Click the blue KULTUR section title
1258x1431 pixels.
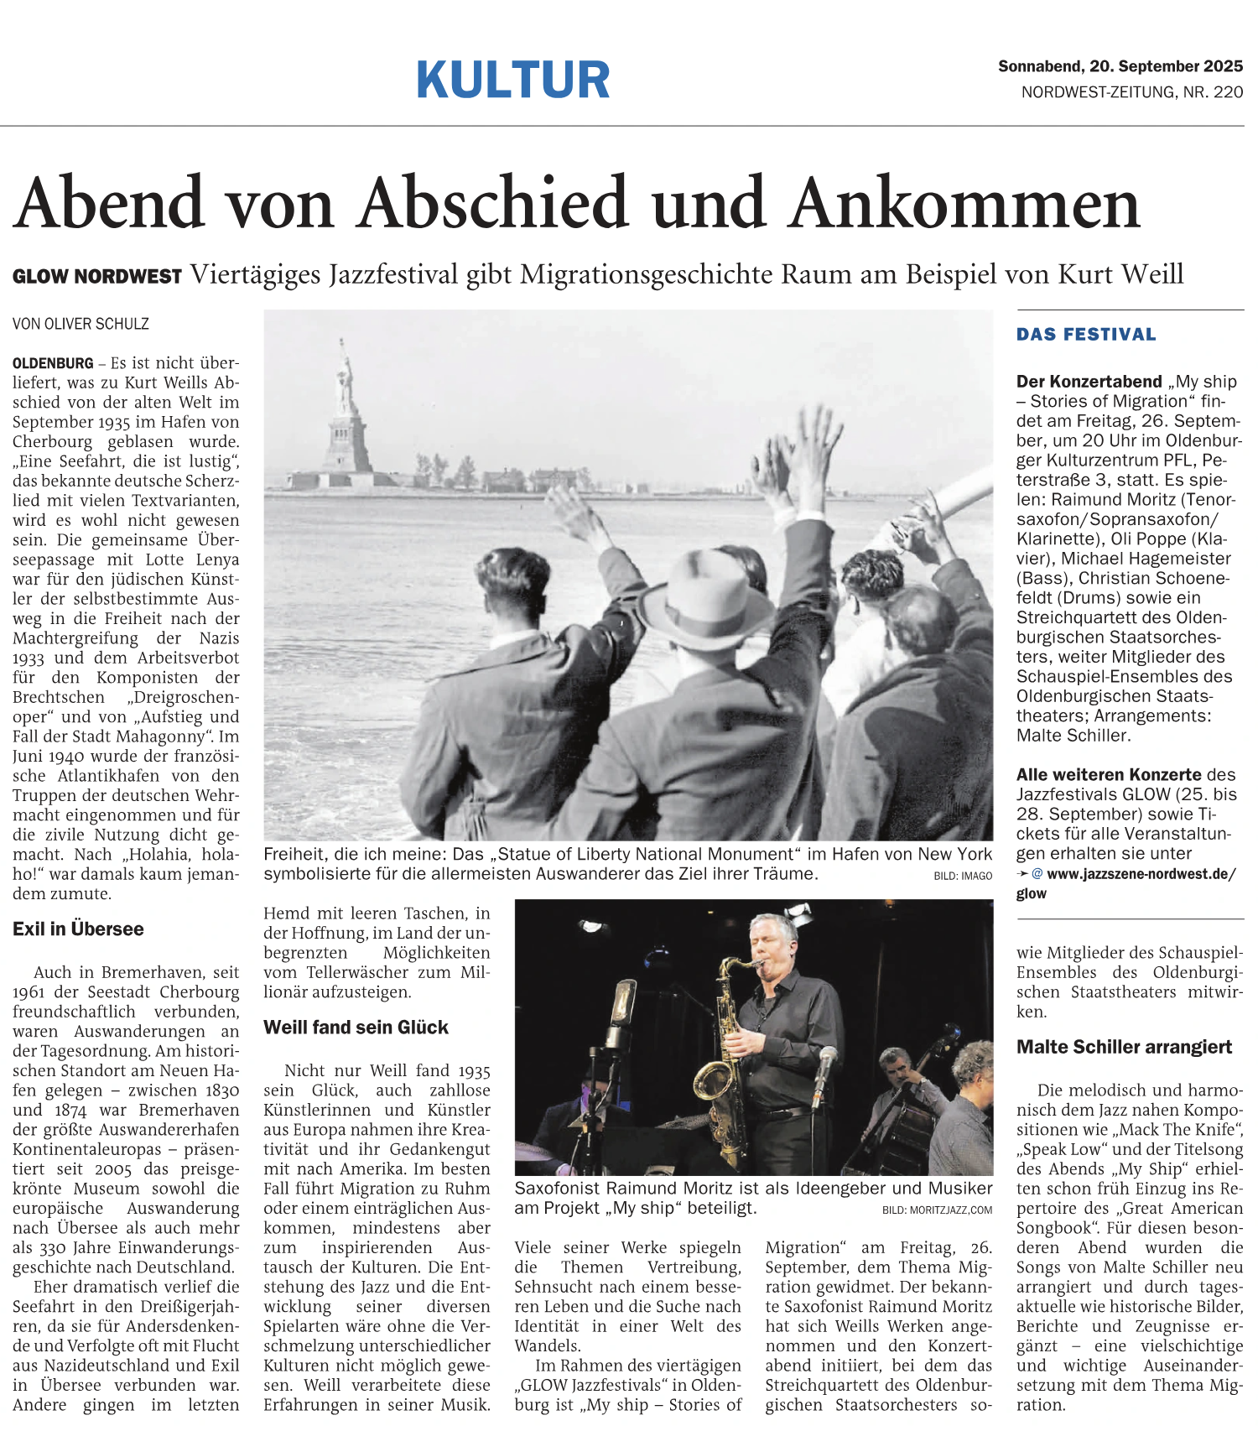click(x=512, y=81)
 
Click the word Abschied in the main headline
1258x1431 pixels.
click(x=494, y=204)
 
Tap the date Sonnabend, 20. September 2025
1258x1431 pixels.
click(x=1120, y=66)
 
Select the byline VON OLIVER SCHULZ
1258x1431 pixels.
click(x=81, y=324)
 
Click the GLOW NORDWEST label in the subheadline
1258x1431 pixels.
click(x=97, y=277)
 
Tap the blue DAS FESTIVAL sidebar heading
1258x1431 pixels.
click(x=1086, y=335)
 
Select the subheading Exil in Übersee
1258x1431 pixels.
click(x=78, y=929)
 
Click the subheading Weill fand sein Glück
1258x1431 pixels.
click(x=356, y=1028)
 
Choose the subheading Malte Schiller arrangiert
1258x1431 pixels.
click(x=1124, y=1047)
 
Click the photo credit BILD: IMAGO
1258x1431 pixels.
click(x=962, y=876)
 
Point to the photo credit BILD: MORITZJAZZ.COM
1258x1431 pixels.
click(x=937, y=1210)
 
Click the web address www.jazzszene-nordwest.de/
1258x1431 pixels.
click(x=1141, y=874)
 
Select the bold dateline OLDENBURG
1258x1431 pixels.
click(x=53, y=363)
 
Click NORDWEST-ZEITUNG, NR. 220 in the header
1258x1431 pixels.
click(x=1131, y=92)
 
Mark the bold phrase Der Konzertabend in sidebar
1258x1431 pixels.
click(x=1089, y=382)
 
